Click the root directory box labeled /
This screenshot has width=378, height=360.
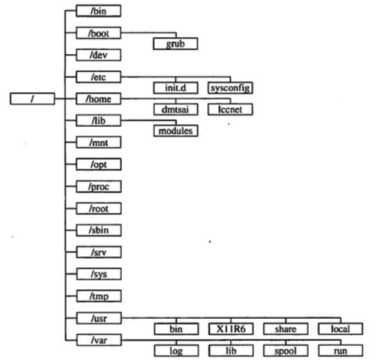click(x=33, y=99)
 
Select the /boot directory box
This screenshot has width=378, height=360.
click(x=98, y=33)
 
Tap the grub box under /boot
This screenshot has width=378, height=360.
click(x=175, y=44)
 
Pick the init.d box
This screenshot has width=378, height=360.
click(x=175, y=88)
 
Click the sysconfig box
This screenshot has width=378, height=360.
click(x=230, y=88)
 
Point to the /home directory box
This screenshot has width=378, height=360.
click(x=98, y=98)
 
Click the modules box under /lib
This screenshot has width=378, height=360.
click(x=175, y=131)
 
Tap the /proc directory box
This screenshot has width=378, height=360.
click(x=98, y=187)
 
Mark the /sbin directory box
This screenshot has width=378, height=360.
click(x=98, y=230)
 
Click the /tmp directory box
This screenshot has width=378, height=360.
click(x=98, y=296)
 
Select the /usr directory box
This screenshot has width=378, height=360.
click(x=98, y=319)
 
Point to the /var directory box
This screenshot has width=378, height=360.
click(x=98, y=341)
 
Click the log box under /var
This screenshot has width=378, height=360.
click(x=175, y=351)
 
